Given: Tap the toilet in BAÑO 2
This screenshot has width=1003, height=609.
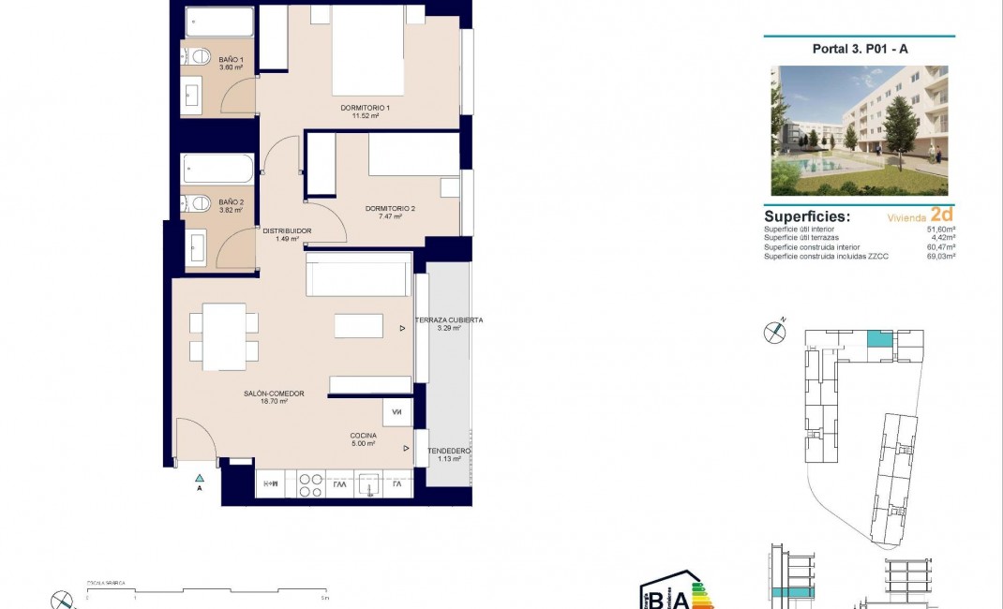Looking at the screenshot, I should (197, 202).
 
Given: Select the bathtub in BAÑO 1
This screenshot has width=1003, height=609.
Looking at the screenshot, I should (219, 21).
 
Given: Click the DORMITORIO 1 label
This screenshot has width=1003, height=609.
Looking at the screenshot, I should (365, 108).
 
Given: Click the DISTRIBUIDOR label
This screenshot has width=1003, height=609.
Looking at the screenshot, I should (287, 230).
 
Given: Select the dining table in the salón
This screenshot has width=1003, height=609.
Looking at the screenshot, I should (224, 335).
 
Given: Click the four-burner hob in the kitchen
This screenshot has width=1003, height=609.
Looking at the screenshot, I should (310, 484).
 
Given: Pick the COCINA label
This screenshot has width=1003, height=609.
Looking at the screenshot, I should (364, 436).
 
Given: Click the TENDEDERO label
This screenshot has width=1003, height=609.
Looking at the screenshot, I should (448, 452).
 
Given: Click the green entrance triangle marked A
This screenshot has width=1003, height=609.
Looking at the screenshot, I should (199, 479).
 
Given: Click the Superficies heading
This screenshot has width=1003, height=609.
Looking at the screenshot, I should (807, 216).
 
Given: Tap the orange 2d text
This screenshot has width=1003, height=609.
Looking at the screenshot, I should (941, 215).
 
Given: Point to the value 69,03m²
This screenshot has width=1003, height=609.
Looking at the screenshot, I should (940, 256).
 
